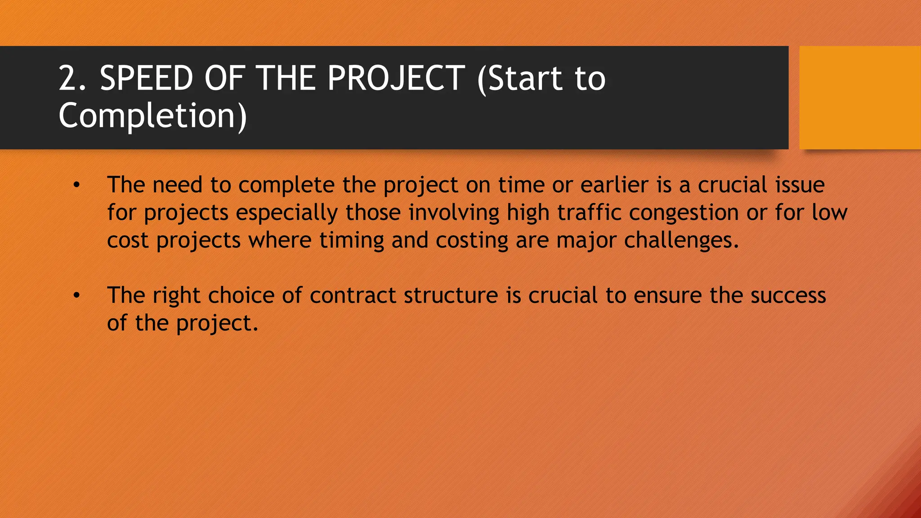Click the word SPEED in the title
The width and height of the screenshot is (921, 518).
click(146, 78)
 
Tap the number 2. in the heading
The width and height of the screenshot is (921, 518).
click(72, 78)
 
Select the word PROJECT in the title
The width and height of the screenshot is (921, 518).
click(396, 78)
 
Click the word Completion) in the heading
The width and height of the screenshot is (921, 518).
click(153, 116)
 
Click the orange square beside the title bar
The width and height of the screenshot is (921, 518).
click(860, 98)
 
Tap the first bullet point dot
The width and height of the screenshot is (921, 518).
click(77, 185)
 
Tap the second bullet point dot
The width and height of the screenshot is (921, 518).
click(77, 296)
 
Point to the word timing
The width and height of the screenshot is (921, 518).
click(352, 241)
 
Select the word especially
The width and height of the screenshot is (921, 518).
click(286, 213)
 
